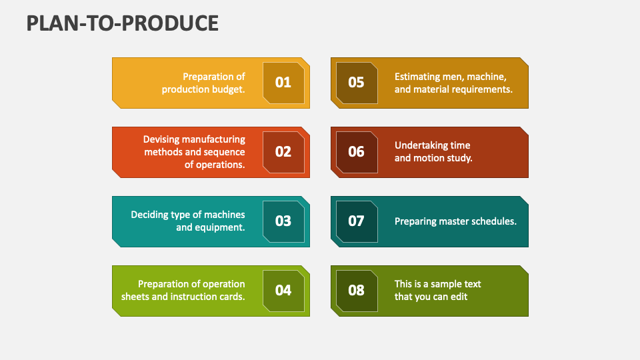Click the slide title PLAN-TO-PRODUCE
point(123,23)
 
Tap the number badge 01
point(283,82)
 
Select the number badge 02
point(283,152)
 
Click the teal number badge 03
point(283,221)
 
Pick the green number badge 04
point(283,290)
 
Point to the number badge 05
point(356,82)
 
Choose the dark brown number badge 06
point(356,152)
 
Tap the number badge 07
point(356,221)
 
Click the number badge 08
point(356,290)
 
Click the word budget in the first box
point(228,89)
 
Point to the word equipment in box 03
point(221,227)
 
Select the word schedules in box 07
point(495,221)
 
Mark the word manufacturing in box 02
point(213,139)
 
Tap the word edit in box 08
point(459,297)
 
